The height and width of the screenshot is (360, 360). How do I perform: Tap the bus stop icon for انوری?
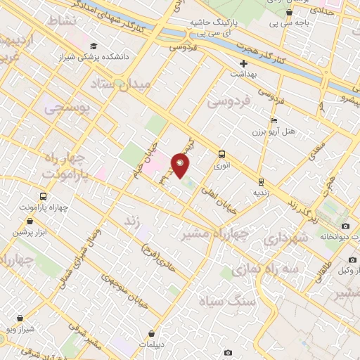[x=222, y=154]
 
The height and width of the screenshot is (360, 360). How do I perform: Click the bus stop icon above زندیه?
[x=261, y=181]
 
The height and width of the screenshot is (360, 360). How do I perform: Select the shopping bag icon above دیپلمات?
[x=152, y=333]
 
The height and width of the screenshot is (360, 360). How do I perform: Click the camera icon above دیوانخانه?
[x=345, y=226]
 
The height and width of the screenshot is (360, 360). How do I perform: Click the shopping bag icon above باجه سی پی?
[x=290, y=11]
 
